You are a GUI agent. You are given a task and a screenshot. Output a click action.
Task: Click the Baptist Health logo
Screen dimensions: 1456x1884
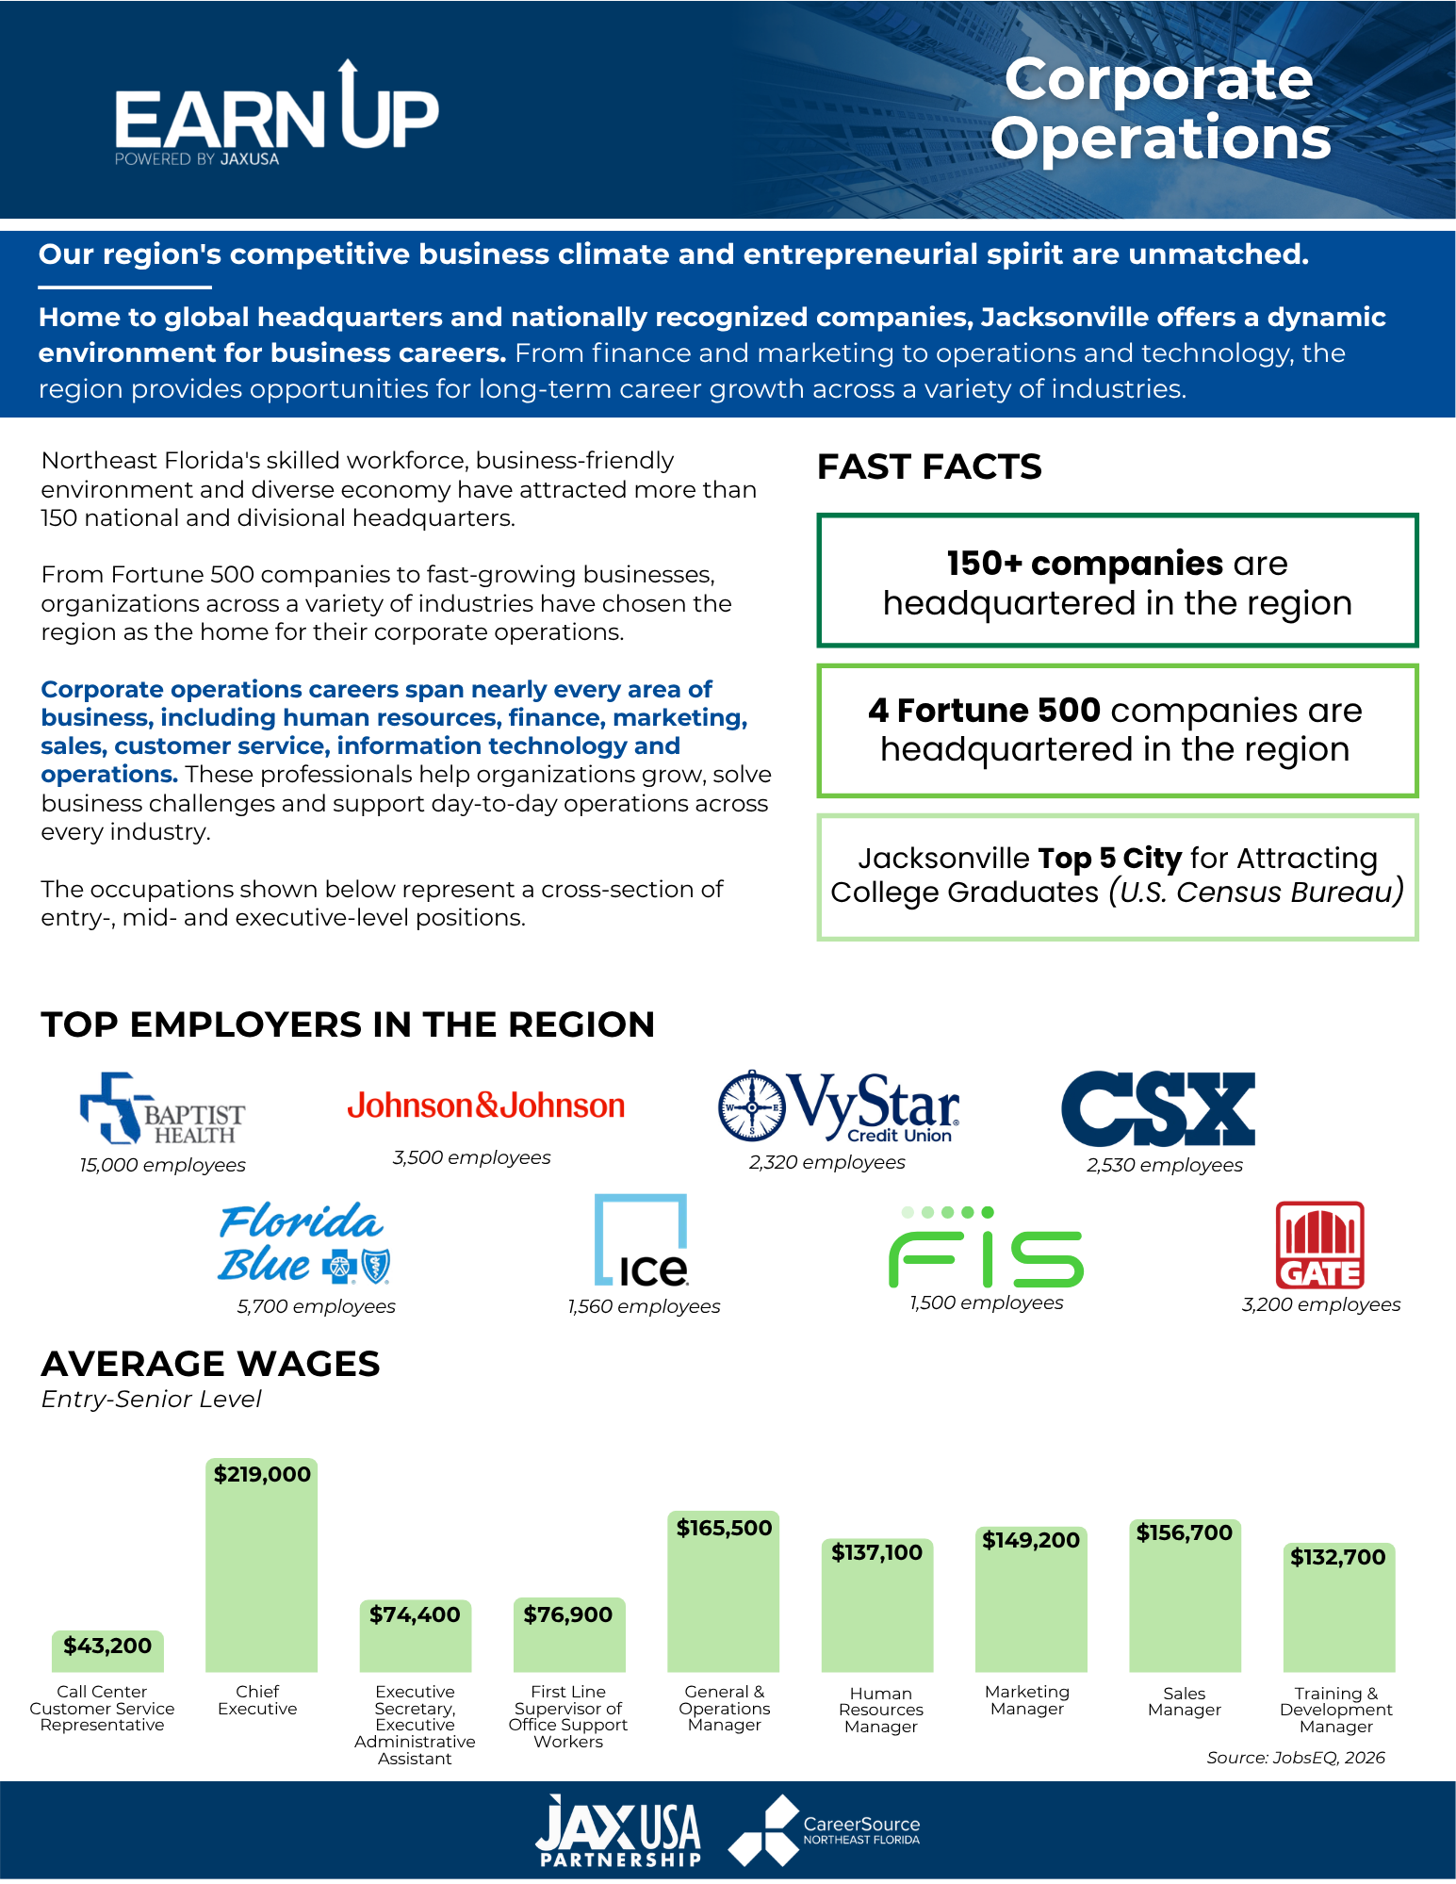(162, 1109)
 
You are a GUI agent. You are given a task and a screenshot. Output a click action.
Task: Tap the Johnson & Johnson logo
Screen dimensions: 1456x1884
(486, 1106)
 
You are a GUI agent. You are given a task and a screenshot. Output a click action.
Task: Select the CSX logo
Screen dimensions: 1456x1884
(1158, 1108)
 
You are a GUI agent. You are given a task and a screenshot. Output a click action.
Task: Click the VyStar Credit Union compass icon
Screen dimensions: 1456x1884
(751, 1105)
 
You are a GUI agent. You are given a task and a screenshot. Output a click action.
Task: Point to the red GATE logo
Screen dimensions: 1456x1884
(1320, 1245)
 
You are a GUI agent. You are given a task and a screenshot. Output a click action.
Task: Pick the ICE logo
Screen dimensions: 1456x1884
(641, 1240)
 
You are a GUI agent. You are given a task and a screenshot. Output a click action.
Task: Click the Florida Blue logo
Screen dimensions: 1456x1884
(303, 1243)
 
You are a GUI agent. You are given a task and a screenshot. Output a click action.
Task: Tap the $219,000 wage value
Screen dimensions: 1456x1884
(262, 1474)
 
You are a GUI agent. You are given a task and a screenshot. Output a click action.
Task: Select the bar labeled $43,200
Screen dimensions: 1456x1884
(107, 1651)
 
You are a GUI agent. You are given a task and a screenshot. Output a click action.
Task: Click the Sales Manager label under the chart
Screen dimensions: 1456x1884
(1185, 1701)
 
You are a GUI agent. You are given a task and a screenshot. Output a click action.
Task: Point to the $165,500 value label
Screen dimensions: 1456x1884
(724, 1528)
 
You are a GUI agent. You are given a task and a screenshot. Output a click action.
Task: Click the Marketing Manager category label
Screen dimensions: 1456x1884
(1027, 1700)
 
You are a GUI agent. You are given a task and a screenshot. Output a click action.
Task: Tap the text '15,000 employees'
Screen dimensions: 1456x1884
(163, 1165)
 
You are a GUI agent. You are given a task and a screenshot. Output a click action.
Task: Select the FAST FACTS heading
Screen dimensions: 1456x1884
(929, 467)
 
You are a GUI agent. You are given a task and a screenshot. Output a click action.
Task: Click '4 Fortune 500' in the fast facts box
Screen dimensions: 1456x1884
(984, 710)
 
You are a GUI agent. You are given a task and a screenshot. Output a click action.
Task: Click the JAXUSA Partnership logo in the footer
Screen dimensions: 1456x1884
(618, 1830)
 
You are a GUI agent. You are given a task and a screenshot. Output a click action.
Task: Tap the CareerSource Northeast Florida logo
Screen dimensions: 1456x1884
(825, 1830)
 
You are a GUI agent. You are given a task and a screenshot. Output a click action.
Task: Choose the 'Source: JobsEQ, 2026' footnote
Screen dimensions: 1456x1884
(1296, 1758)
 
